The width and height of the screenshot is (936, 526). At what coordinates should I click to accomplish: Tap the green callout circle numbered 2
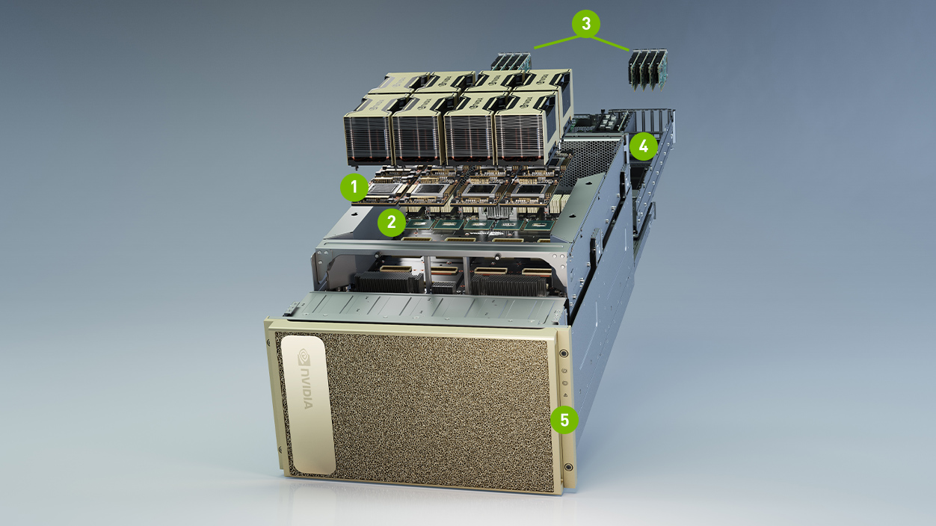tap(392, 221)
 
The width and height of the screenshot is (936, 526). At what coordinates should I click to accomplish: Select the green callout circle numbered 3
tap(586, 24)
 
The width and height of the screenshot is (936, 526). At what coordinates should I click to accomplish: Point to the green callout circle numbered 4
tap(643, 146)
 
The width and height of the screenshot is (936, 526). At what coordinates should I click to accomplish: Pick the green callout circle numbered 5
tap(564, 420)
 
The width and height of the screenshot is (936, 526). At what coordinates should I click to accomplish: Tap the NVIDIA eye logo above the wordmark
tap(304, 355)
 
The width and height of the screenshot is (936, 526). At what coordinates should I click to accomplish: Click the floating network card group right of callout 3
tap(647, 69)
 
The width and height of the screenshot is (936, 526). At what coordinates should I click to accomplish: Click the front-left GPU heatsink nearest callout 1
tap(367, 134)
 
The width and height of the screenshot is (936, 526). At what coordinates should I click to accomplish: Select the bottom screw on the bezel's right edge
tap(569, 467)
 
